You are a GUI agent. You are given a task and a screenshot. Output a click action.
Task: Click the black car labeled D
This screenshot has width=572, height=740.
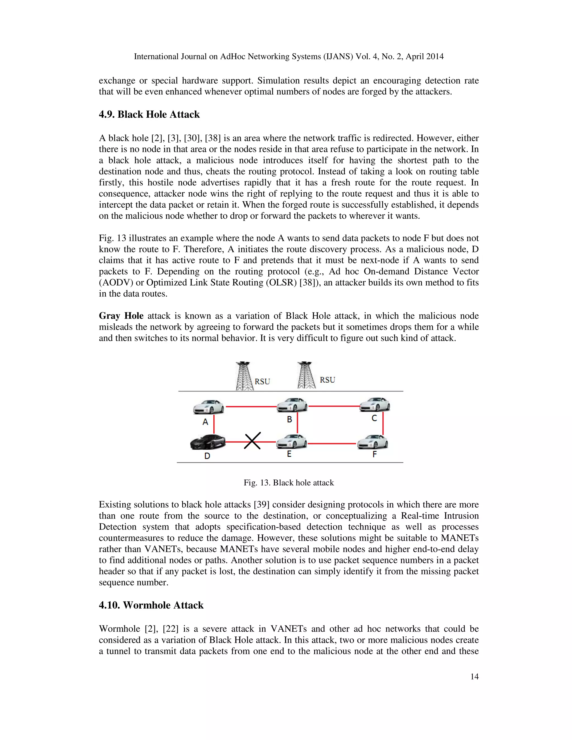click(208, 442)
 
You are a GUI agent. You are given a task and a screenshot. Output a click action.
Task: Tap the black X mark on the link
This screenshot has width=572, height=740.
click(252, 440)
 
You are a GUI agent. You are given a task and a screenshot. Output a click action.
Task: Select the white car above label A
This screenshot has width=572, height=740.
click(208, 407)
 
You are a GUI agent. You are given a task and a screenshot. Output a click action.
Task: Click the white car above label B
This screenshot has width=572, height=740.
click(292, 405)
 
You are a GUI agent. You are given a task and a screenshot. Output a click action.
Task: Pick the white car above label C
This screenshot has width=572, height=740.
click(375, 405)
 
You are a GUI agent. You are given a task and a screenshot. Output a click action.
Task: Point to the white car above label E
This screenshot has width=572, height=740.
click(291, 441)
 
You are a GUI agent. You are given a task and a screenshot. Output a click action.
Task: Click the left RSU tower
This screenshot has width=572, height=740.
click(244, 376)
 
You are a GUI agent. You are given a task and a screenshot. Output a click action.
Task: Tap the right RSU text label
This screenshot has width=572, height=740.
click(327, 380)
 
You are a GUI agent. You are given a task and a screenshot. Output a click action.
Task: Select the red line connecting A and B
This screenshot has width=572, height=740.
click(251, 406)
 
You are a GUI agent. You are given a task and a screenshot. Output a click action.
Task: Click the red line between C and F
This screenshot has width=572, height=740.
click(383, 423)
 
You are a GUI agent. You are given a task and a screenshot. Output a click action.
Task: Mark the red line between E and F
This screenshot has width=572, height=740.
click(332, 443)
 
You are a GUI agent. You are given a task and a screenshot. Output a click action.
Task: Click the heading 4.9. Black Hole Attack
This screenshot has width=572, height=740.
click(149, 114)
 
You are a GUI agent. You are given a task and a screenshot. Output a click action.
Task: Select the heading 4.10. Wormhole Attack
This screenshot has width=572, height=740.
click(151, 605)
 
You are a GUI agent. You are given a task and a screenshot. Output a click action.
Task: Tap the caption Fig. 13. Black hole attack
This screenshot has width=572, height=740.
click(289, 483)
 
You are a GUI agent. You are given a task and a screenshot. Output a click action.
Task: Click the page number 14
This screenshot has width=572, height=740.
click(475, 677)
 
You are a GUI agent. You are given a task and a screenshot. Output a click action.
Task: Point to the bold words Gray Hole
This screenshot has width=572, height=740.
click(121, 316)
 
